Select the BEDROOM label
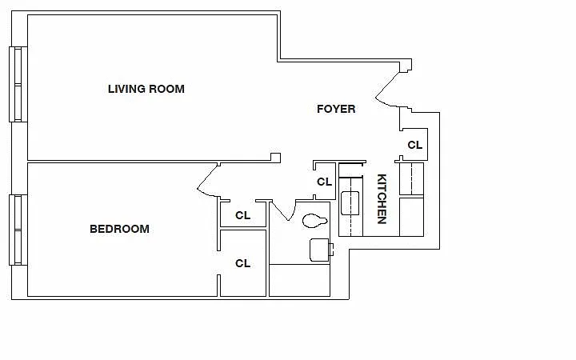tap(119, 230)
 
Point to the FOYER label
tap(336, 109)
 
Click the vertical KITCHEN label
tap(382, 198)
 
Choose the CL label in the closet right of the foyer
tap(415, 145)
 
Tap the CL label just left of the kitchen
tap(324, 182)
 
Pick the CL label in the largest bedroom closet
tap(243, 263)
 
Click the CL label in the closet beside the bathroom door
tap(243, 215)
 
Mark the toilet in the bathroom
tap(314, 221)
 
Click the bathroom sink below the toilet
tap(320, 250)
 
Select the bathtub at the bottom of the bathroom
tap(299, 280)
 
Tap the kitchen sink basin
tap(350, 203)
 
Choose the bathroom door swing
tap(283, 210)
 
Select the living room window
tap(18, 84)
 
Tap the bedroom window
tap(18, 230)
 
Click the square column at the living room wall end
tap(275, 158)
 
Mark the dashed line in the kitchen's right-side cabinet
tap(412, 179)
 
